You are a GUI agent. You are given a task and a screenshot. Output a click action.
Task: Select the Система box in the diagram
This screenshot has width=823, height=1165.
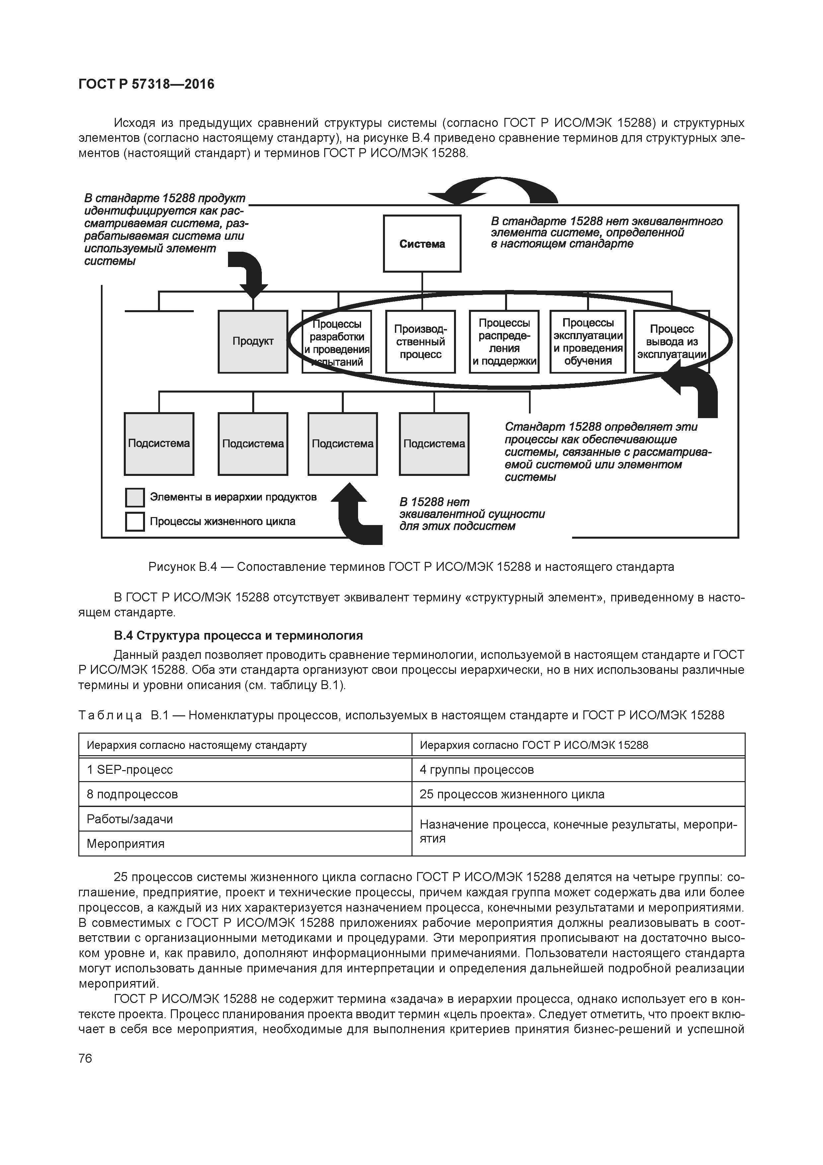coord(422,243)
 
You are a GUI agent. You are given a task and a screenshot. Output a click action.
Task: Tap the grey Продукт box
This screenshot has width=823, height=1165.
coord(253,341)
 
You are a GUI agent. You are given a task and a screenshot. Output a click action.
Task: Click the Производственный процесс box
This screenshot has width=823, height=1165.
coord(420,341)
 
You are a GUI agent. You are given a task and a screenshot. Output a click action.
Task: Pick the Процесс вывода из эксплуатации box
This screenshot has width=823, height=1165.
coord(671,341)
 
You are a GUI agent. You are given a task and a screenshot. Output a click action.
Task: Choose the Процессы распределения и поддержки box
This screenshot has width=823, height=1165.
coord(504,341)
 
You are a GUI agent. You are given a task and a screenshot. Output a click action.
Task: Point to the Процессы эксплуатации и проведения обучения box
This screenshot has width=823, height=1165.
coord(588,341)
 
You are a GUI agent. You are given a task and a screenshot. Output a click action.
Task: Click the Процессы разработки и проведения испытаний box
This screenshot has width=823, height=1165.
coord(337,341)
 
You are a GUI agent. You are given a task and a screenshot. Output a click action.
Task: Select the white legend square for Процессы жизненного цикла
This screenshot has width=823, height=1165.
coord(135,522)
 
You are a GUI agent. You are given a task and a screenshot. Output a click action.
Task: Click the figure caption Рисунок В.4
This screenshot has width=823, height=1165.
coord(411,567)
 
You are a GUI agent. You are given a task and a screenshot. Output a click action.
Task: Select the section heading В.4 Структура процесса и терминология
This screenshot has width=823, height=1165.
coord(238,635)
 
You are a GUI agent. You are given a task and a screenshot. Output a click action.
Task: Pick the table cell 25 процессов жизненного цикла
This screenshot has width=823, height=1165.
coord(512,794)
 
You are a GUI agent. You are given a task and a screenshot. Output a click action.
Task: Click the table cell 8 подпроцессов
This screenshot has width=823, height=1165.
coord(132,794)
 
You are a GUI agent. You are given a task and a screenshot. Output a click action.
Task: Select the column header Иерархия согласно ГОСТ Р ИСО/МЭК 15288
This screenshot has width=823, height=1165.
coord(533,745)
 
